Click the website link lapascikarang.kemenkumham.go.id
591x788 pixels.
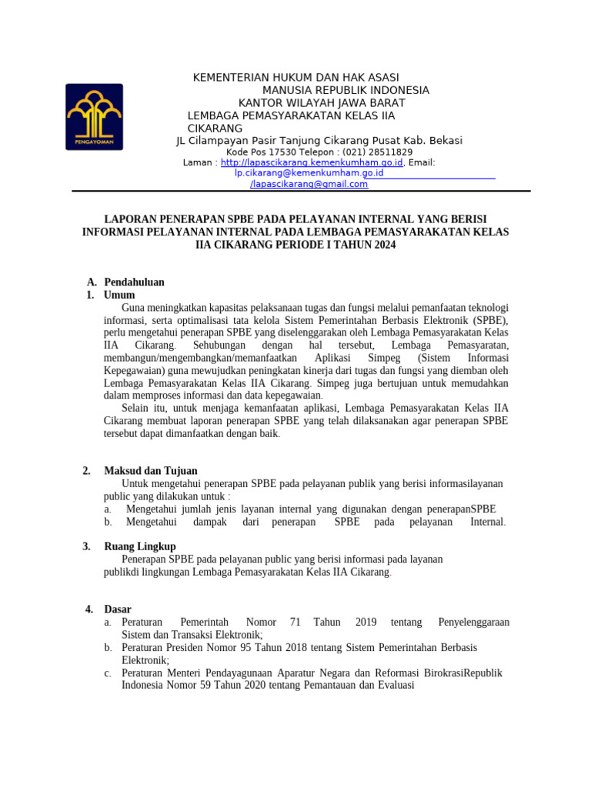(311, 163)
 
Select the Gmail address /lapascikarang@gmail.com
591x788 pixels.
(309, 185)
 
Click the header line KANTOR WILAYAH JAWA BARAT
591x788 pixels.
(322, 103)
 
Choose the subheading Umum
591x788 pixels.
(119, 295)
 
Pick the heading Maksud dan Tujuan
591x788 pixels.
(151, 471)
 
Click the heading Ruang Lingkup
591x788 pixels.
(140, 546)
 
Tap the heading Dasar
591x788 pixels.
(119, 609)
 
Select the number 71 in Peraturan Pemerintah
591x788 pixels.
(295, 622)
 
